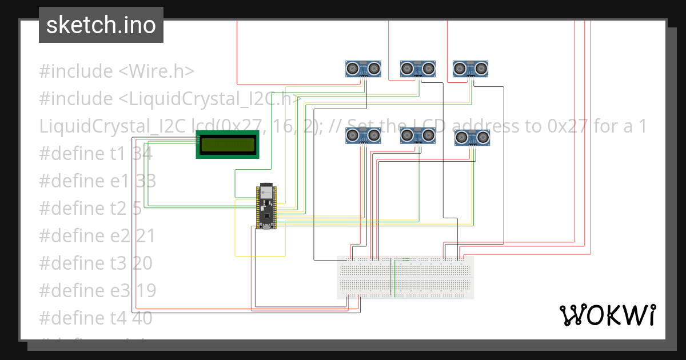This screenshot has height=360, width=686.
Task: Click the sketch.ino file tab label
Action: coord(101,25)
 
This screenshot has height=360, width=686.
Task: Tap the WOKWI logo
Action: coord(607,315)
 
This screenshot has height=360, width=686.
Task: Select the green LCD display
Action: coord(227,144)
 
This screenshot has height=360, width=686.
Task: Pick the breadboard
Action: coord(405,277)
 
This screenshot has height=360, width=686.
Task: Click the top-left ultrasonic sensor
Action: coord(363,69)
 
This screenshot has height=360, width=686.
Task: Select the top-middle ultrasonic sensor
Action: coord(417,69)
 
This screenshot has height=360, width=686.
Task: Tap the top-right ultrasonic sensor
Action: coord(471,69)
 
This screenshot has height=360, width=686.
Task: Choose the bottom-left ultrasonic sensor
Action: coord(363,136)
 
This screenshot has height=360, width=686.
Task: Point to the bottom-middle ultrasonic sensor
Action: coord(417,136)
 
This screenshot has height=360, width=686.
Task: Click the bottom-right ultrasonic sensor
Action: coord(472,138)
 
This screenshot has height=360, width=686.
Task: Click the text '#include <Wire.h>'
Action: coord(117,71)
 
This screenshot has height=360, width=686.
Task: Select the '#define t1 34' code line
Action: coord(95,153)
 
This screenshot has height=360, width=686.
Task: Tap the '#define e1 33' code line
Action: coord(97,181)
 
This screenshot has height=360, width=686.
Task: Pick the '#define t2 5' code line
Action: coord(90,208)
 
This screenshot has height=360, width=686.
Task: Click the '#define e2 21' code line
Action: coord(97,235)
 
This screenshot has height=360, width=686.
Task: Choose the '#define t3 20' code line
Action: coord(97,263)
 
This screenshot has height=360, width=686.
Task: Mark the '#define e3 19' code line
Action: coord(97,290)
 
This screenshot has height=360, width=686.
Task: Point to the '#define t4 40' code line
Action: coord(95,318)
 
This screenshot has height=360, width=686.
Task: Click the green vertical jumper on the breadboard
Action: coord(393,278)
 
